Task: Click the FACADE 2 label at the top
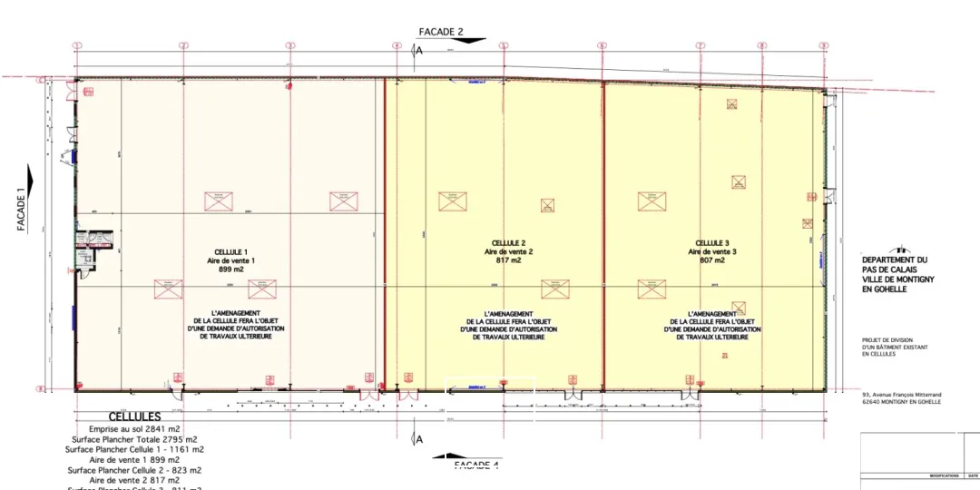tap(441, 32)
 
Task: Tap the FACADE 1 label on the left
tap(21, 211)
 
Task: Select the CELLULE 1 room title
tap(230, 251)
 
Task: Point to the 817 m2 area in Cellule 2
tap(509, 260)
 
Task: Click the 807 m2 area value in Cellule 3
tap(712, 260)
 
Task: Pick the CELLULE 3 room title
tap(712, 243)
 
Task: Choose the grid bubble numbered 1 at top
tap(77, 45)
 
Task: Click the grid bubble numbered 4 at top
tap(397, 45)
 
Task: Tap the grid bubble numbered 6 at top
tap(601, 45)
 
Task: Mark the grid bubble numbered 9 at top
tap(823, 45)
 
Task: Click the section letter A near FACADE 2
tap(419, 51)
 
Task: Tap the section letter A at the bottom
tap(419, 440)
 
